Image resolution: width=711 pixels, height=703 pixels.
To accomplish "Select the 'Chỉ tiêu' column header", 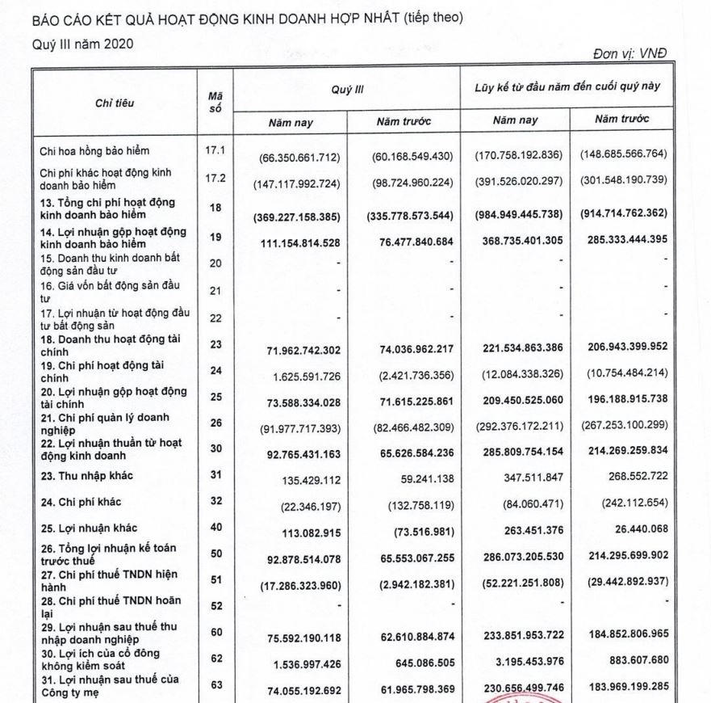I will tap(115, 103).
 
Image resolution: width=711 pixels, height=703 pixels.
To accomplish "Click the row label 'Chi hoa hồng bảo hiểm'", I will tap(94, 150).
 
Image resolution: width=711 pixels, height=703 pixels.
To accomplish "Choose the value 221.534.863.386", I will tap(519, 350).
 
